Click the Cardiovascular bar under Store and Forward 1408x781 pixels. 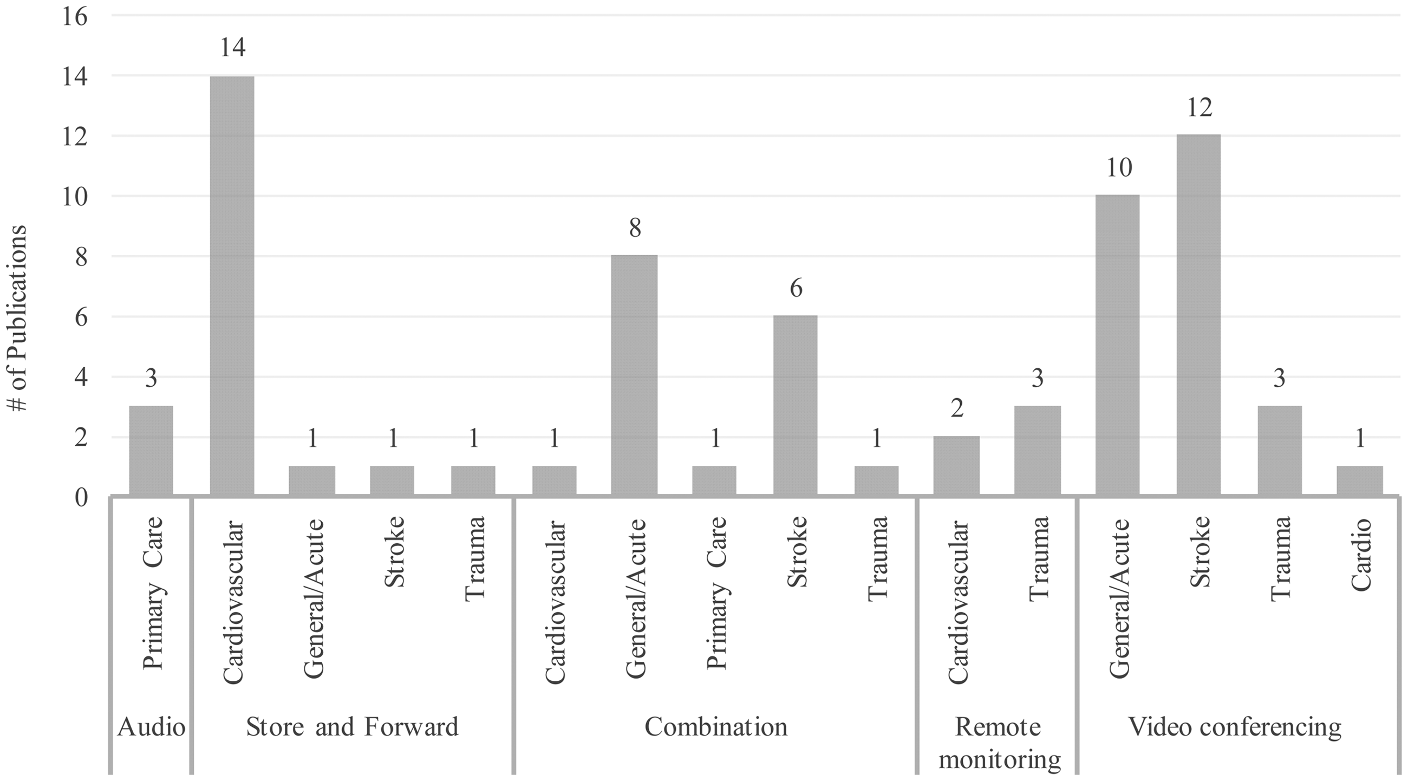point(232,286)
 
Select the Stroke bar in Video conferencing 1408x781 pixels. point(1198,315)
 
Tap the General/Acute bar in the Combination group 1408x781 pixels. point(635,375)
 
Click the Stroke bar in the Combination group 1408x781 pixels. point(796,405)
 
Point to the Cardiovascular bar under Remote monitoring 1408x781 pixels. point(956,466)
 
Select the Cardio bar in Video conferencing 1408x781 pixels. point(1360,480)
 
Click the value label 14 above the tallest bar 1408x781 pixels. point(233,48)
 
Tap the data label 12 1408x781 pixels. point(1200,108)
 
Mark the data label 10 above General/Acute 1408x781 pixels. point(1119,168)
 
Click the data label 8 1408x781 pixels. point(635,228)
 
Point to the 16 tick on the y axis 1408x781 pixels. point(74,16)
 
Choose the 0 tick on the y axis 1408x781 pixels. point(81,497)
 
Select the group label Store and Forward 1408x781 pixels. point(352,727)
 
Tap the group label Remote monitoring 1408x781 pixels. point(999,743)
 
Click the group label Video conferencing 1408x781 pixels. point(1235,727)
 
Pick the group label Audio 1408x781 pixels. point(152,727)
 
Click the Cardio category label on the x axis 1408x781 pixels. point(1361,554)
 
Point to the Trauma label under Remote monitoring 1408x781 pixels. point(1039,558)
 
